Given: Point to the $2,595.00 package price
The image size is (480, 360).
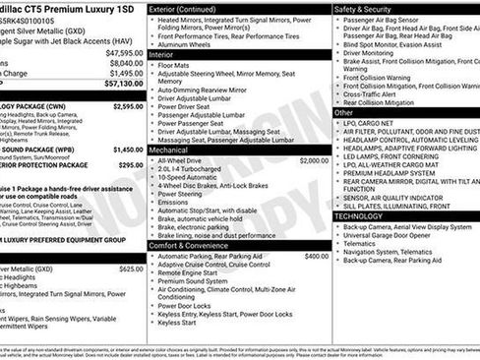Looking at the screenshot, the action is pos(127,105).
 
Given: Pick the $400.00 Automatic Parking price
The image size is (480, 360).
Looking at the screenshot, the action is pos(317,256).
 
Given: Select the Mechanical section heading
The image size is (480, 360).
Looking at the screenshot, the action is pos(176,150).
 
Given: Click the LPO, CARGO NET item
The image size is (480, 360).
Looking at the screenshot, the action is pos(375,124).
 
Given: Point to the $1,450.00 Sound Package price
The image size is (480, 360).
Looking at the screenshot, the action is pos(127,150).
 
